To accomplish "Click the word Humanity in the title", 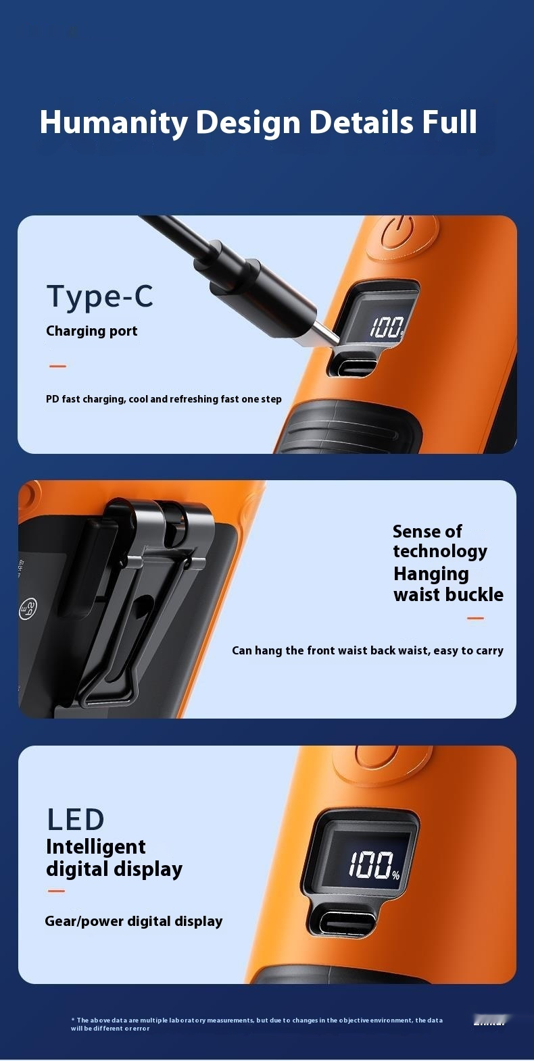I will tap(114, 123).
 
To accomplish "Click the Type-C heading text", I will tap(100, 296).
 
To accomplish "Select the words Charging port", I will tap(92, 331).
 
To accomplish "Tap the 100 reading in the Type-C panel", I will tap(386, 328).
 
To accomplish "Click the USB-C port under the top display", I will tap(351, 367).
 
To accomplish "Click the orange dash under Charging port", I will tap(58, 366).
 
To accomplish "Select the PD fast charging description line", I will tap(164, 399).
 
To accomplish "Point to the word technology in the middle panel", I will tap(440, 551).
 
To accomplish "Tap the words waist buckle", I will tap(448, 595).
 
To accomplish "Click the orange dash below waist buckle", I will tap(476, 618).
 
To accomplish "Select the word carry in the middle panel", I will tap(489, 650).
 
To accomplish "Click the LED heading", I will tap(76, 820).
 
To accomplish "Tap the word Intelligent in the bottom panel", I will tap(96, 847).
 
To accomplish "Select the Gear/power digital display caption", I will tap(134, 921).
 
